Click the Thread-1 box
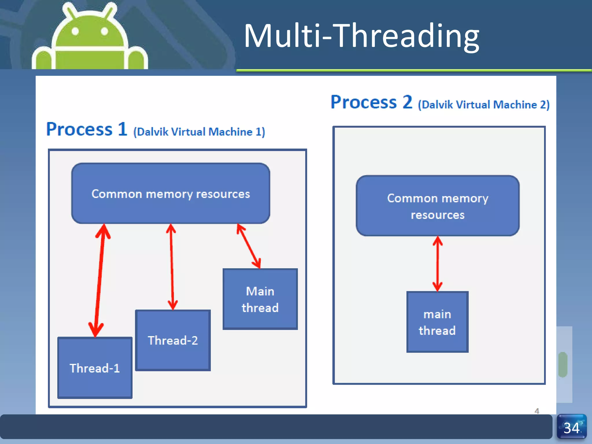coord(95,368)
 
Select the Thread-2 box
coord(173,340)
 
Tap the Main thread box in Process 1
coord(260,299)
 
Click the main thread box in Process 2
coord(437,322)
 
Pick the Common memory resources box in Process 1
coord(171,193)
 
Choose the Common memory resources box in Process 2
coord(438,206)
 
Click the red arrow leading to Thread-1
coord(99,280)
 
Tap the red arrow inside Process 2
coord(438,264)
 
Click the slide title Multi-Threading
coord(361,36)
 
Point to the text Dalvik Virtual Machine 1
coord(199,132)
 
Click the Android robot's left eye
coord(75,31)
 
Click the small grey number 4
coord(537,411)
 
